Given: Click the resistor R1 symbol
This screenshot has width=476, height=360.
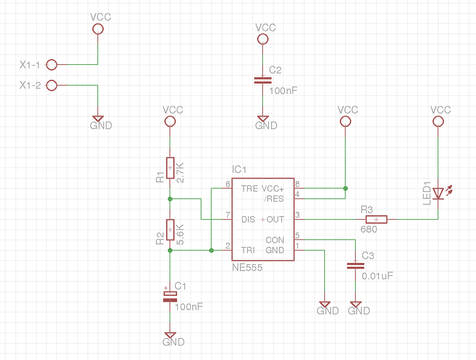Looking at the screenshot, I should [x=170, y=168].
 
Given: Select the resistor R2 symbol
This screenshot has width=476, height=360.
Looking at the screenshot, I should [x=170, y=230].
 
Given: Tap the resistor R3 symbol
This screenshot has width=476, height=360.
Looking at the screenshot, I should [x=376, y=219].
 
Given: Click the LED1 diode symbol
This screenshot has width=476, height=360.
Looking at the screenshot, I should [x=438, y=193].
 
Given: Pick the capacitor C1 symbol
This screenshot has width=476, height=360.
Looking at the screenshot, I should [x=170, y=297].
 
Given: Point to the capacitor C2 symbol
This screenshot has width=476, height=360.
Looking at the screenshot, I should [x=263, y=80].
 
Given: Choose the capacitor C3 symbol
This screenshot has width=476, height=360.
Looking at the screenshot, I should [x=355, y=265].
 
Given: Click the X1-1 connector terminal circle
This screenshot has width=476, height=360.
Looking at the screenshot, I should [x=51, y=65].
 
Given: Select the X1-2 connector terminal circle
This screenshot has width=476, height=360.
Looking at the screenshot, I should [x=51, y=86].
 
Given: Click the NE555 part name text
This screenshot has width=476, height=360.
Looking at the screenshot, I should [x=247, y=268].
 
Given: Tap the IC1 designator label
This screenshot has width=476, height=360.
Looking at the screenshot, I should [x=239, y=170].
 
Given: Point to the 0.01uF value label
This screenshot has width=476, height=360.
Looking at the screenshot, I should [x=377, y=276].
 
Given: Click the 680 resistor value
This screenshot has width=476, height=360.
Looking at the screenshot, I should [x=368, y=230].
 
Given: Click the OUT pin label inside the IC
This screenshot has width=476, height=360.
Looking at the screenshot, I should [x=275, y=219].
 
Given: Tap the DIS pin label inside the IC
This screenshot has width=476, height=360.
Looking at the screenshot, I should [x=248, y=219].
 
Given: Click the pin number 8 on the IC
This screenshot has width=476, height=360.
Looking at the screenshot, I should [x=297, y=184].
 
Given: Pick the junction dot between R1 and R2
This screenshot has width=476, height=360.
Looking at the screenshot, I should [x=170, y=198].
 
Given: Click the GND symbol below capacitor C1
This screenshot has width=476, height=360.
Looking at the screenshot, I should [x=170, y=336].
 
